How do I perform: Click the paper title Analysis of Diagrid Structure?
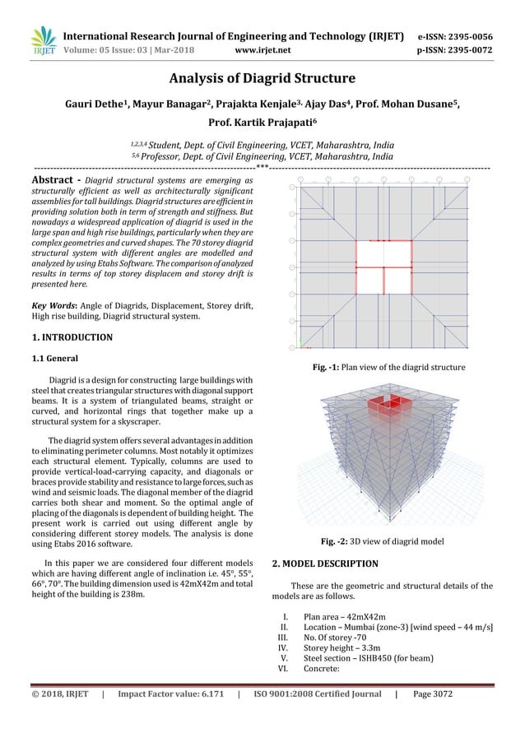(x=262, y=79)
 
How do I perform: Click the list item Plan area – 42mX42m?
(x=346, y=617)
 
